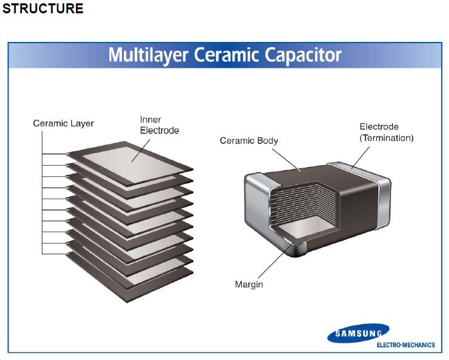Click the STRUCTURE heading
pos(43,9)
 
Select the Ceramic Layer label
pos(63,123)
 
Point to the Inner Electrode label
pos(159,125)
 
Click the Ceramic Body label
pos(248,140)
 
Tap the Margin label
pos(248,285)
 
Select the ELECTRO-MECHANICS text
pos(406,345)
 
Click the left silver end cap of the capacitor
pos(256,206)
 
